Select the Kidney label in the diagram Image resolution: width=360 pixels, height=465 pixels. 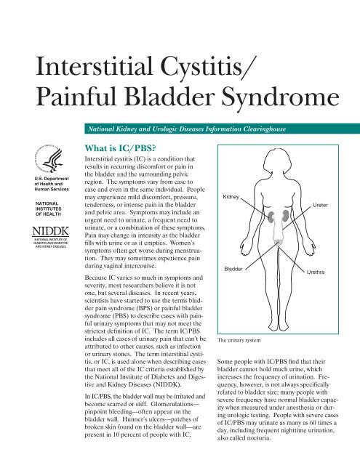230,177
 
